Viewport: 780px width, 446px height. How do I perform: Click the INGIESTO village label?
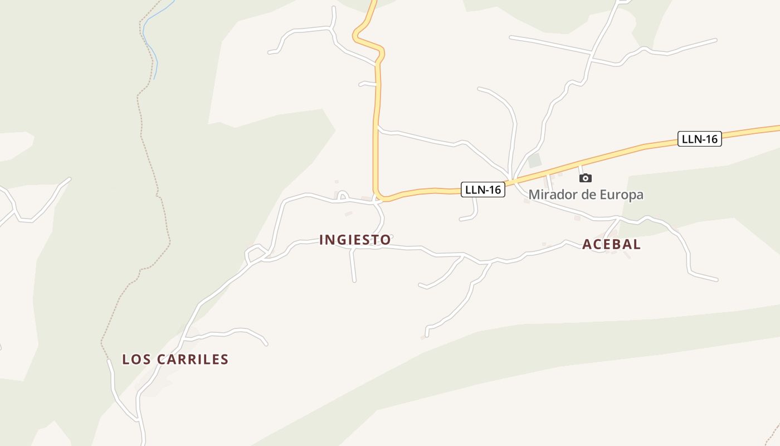point(355,240)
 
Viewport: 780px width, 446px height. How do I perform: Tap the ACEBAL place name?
point(611,244)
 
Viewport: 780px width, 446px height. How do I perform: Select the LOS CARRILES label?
point(175,360)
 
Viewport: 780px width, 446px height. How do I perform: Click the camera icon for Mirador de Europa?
point(585,178)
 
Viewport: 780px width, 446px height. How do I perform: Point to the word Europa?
point(622,195)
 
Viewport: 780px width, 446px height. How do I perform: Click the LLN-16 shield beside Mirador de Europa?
point(483,190)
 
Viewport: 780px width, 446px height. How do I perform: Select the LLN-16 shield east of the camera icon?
point(699,139)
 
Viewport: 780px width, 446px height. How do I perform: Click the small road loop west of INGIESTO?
point(255,253)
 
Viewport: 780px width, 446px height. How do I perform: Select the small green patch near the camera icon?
point(535,161)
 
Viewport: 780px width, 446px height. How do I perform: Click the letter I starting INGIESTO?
point(321,240)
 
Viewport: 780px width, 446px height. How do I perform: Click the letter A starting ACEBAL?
point(586,244)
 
